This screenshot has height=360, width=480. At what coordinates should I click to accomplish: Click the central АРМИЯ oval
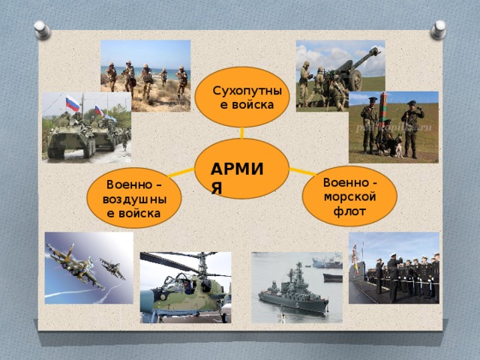click(x=241, y=169)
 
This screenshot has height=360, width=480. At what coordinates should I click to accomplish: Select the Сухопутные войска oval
click(x=242, y=97)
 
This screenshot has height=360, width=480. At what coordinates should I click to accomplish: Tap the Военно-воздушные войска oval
click(x=134, y=198)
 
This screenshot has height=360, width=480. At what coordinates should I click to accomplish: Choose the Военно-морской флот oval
click(x=349, y=196)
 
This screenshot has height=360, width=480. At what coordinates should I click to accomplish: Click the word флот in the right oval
click(x=349, y=211)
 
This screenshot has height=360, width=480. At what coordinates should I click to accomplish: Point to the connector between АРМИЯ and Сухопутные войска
click(x=242, y=133)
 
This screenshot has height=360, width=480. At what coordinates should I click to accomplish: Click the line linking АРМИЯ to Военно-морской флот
click(x=303, y=172)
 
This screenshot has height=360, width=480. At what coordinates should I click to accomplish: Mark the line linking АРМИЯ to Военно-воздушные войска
click(x=181, y=172)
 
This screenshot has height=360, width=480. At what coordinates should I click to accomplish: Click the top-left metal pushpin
click(x=42, y=30)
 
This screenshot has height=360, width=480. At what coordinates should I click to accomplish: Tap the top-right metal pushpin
click(x=438, y=30)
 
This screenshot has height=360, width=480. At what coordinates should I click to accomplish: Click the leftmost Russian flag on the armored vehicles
click(x=73, y=103)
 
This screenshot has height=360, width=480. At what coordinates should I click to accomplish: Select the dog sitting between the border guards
click(x=394, y=145)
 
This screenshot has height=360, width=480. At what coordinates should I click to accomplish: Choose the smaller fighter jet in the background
click(x=112, y=268)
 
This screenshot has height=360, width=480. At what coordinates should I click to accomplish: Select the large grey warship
click(x=293, y=293)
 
